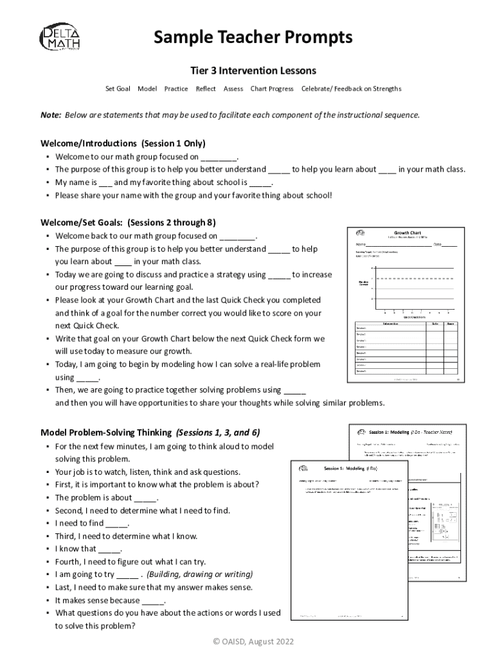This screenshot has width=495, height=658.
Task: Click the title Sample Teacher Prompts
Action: point(253,38)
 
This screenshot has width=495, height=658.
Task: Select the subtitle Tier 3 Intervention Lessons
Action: point(253,70)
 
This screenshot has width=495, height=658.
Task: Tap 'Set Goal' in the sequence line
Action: point(118,89)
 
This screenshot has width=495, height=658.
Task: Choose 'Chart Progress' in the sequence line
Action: point(271,89)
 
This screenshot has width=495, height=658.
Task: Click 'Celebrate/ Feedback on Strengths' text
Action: point(351,89)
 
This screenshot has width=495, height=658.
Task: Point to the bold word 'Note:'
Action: point(51,115)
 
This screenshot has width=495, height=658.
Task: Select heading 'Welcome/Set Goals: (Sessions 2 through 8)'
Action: point(128,223)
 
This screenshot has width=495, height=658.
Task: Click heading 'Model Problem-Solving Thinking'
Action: point(106,432)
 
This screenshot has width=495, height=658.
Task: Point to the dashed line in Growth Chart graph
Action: point(411,278)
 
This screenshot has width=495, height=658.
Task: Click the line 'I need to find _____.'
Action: point(92,523)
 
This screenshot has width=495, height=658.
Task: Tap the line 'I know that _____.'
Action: point(88,549)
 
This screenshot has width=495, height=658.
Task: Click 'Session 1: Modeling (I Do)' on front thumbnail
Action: point(350,469)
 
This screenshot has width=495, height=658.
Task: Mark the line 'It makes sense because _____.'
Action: point(110,600)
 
